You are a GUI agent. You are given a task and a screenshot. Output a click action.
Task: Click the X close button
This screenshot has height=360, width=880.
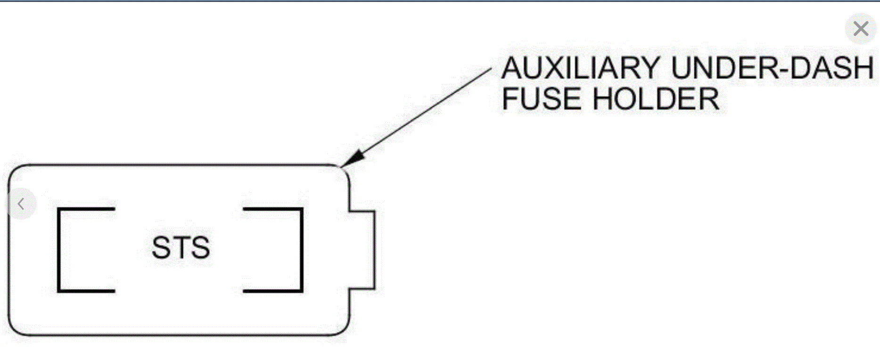[x=861, y=29]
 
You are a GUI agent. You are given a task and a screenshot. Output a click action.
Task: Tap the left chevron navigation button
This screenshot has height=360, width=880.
[x=21, y=204]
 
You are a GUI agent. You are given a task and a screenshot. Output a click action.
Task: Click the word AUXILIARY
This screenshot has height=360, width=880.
[x=580, y=68]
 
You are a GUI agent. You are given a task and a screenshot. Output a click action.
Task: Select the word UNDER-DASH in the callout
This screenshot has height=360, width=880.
[x=772, y=68]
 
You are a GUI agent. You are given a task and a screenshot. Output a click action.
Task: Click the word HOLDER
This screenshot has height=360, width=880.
[x=656, y=99]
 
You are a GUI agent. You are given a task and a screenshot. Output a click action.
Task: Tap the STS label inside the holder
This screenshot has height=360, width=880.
[x=181, y=248]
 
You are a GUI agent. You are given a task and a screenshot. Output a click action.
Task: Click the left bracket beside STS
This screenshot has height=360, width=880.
[x=58, y=250]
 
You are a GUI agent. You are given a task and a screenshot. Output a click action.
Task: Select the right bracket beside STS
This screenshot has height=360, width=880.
[x=301, y=250]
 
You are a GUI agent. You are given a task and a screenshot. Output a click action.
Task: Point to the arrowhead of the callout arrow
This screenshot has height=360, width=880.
[x=351, y=159]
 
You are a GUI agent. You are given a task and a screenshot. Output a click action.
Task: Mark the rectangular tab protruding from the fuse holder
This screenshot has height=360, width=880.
[x=362, y=250]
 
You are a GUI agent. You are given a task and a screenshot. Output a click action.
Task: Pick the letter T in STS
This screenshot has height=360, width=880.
[x=181, y=248]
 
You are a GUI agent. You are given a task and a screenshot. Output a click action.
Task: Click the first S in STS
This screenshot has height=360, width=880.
[x=161, y=248]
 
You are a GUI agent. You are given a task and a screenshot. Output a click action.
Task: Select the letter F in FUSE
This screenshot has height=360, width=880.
[x=511, y=99]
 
